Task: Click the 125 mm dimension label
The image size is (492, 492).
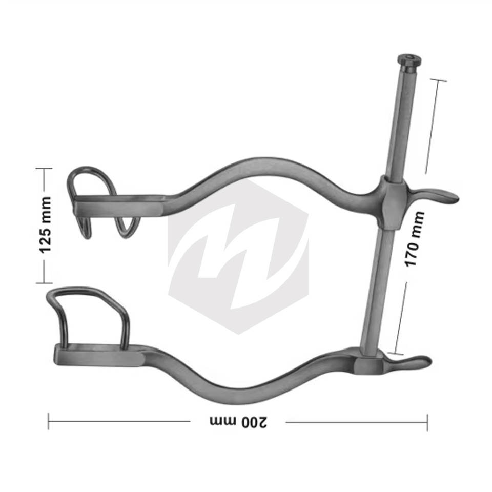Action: (x=45, y=225)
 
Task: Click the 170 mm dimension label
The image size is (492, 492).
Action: (x=415, y=239)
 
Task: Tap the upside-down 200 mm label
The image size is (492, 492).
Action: (x=238, y=422)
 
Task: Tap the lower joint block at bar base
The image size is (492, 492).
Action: (x=369, y=365)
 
